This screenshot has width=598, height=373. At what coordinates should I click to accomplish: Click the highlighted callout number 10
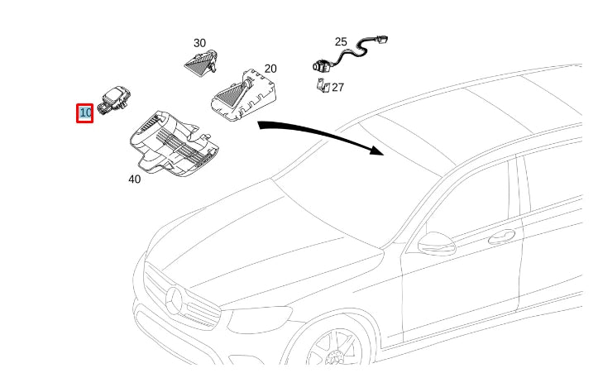85,113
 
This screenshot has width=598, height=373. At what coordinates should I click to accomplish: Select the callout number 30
199,43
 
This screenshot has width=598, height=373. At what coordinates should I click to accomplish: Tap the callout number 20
270,69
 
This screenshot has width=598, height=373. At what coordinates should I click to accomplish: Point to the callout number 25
341,41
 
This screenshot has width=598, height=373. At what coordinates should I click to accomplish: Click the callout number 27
337,87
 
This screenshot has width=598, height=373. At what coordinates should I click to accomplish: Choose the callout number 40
134,178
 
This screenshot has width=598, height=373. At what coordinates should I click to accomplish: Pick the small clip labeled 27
323,85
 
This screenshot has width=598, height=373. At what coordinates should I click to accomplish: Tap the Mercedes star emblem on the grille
176,299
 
